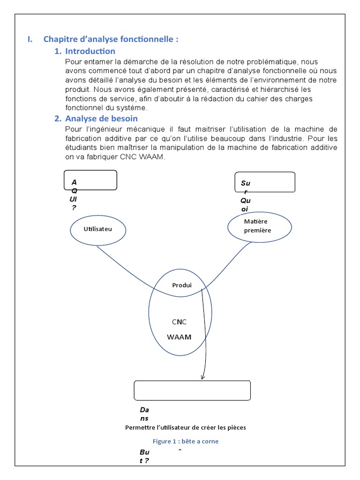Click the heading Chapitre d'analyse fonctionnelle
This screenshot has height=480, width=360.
111,39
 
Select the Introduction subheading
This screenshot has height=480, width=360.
90,51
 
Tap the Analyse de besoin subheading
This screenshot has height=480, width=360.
101,119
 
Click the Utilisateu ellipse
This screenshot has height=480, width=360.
98,229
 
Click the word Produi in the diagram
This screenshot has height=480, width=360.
182,285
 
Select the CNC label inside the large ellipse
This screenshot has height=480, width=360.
179,322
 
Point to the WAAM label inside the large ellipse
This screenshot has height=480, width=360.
179,337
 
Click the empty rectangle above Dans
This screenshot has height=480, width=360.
192,390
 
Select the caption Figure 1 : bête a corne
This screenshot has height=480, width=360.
186,441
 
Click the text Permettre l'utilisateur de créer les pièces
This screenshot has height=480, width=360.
186,427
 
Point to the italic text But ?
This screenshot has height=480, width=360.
144,457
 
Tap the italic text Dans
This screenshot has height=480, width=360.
144,414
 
